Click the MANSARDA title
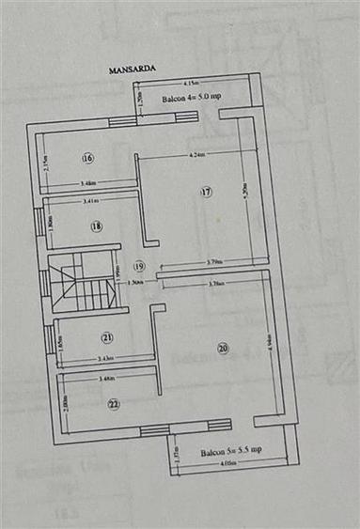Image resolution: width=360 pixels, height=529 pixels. tap(131, 69)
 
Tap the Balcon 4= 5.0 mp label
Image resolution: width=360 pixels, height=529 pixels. tap(192, 99)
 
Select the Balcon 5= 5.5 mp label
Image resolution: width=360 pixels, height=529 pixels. tap(230, 451)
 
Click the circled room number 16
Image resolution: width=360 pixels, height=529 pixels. tap(87, 157)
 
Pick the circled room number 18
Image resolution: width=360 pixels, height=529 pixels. tap(96, 226)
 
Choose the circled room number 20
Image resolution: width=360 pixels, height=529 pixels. tap(223, 348)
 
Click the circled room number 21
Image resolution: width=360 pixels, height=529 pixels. tap(107, 337)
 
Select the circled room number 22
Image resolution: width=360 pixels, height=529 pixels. tap(113, 404)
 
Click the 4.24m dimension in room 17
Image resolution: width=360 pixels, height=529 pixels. tap(197, 154)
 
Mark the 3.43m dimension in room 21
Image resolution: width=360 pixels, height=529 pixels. tap(104, 358)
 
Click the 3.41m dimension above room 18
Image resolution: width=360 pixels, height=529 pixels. tap(91, 200)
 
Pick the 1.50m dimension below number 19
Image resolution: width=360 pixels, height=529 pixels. tap(136, 281)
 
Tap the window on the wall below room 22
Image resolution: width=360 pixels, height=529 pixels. tap(154, 430)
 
